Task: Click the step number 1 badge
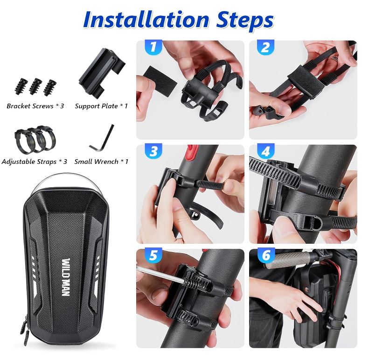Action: [x=153, y=47]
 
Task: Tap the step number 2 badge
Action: [x=265, y=47]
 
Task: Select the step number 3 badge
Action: [x=153, y=151]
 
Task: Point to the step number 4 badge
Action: [x=265, y=151]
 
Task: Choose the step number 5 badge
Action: [x=153, y=255]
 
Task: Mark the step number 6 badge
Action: [x=266, y=255]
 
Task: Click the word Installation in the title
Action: [x=146, y=20]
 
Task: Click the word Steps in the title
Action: [x=245, y=21]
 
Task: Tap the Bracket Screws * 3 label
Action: [x=35, y=106]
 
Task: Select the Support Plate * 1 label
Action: [x=101, y=106]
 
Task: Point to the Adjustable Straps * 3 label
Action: [x=35, y=162]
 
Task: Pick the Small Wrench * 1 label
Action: [x=101, y=162]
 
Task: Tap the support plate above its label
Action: [x=102, y=69]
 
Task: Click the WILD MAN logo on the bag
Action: [x=66, y=277]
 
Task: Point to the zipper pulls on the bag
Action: [x=23, y=328]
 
